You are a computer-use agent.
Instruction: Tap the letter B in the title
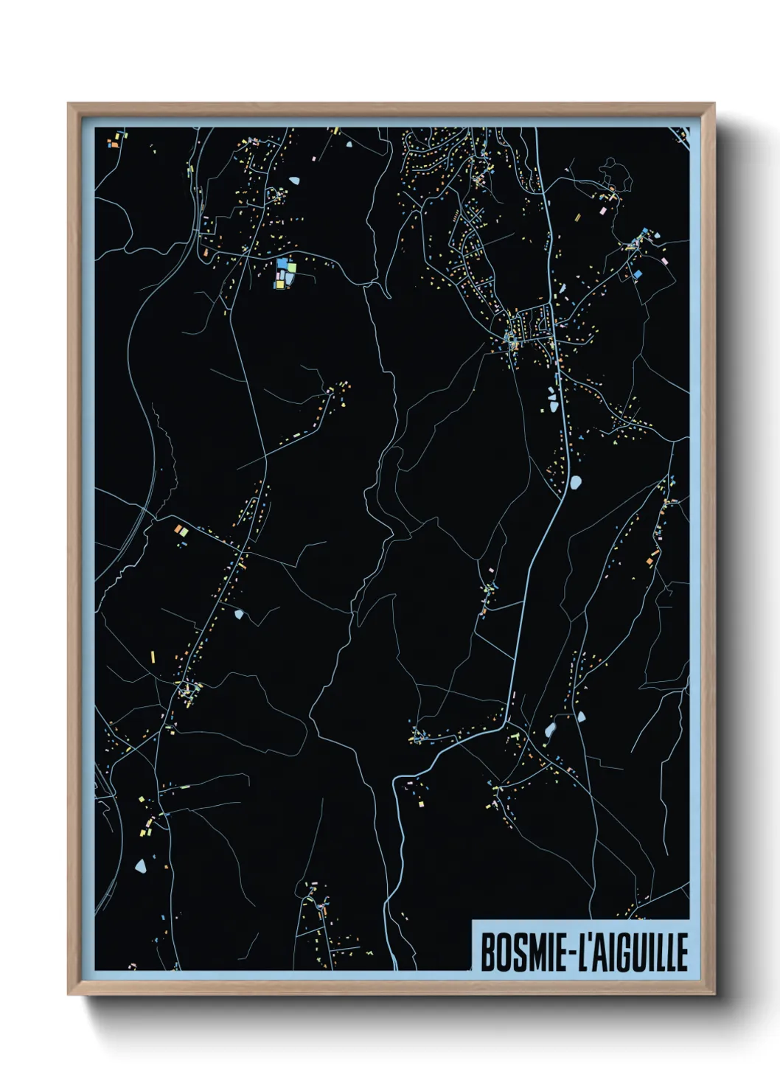tap(487, 952)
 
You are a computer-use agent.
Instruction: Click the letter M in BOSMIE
tap(530, 952)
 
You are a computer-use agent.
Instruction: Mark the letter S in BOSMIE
tap(515, 952)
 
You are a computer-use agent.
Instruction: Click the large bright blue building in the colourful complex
tap(282, 263)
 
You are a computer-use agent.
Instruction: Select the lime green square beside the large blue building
tap(290, 265)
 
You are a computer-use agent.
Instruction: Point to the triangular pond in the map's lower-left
tap(140, 865)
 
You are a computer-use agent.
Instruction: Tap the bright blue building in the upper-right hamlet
tap(636, 274)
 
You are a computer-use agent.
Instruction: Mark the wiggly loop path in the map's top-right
tap(616, 174)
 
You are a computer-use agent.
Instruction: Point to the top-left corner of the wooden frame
tap(69, 105)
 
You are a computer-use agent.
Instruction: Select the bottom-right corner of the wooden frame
tap(714, 994)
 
